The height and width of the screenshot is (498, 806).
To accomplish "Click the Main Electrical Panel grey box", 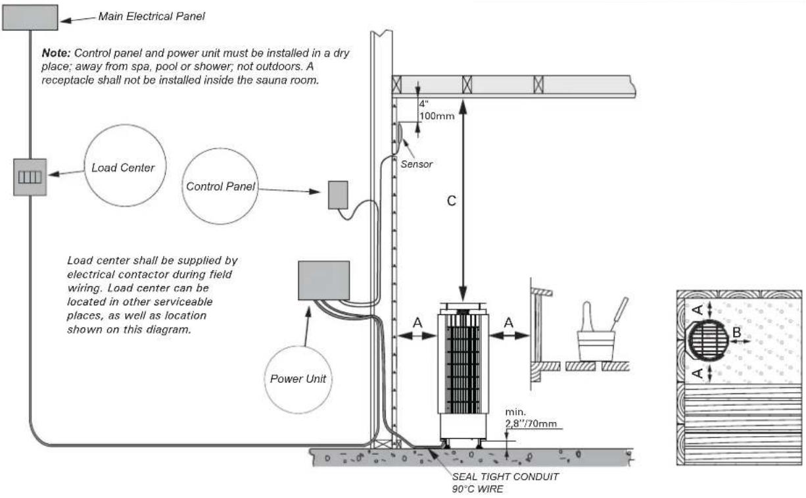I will (x=30, y=17).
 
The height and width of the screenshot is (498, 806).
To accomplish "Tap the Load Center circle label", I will (x=123, y=168).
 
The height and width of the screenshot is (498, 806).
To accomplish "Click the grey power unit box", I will (x=323, y=281).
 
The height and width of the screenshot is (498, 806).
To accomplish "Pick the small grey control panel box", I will (x=338, y=195).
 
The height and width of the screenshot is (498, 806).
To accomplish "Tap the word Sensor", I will (x=417, y=164).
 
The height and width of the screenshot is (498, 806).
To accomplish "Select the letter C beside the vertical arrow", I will (x=450, y=201).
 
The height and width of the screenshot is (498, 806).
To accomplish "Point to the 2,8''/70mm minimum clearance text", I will (x=532, y=424).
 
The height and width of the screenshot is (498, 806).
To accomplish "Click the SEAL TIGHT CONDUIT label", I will (x=505, y=476).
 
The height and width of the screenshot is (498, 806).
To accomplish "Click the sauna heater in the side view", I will (x=463, y=372).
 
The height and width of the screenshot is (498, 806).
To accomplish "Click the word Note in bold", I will (x=56, y=53).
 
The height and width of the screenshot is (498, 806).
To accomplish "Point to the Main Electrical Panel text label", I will (x=151, y=16).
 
